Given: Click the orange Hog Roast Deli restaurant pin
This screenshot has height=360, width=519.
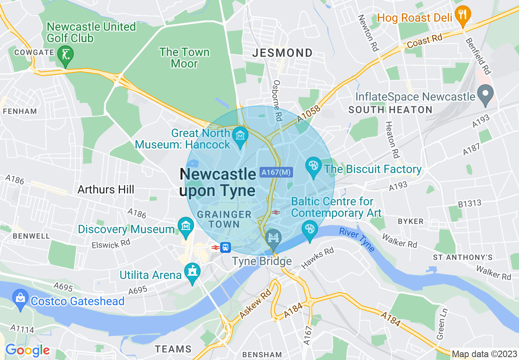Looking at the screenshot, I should coord(463,15).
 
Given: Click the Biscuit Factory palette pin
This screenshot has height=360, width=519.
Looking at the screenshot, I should coord(314,167).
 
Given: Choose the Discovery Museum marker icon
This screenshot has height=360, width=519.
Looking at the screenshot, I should coord(186,227).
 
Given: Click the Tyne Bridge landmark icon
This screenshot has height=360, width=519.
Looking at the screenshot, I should coord(273,239).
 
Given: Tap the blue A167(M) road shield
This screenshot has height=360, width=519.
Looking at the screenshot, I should coord(276,173).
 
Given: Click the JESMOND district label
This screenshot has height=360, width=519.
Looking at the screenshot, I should coord(282,53).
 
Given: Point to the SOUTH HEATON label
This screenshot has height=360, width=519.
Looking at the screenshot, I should coord(390,110).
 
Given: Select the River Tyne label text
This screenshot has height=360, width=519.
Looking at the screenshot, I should coord(357,240).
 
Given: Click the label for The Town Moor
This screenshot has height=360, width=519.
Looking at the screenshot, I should coord(184,58).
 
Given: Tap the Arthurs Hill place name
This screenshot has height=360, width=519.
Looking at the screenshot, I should coord(106,189).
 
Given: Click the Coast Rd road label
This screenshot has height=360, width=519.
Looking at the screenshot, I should coord(425,41).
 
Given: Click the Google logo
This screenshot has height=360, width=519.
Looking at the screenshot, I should coord(27,350).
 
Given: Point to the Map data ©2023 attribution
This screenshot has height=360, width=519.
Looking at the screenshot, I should coord(484,354).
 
